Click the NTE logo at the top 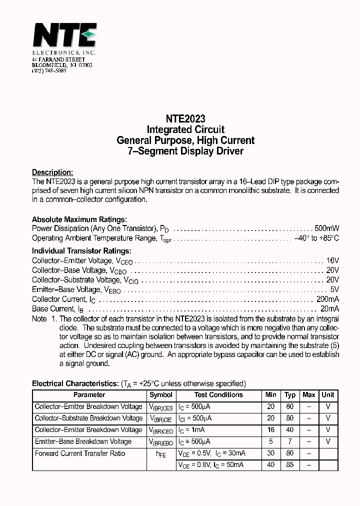click(x=64, y=36)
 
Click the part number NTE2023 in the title click(x=185, y=119)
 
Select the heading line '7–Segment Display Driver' click(x=185, y=151)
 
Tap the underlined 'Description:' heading click(x=52, y=172)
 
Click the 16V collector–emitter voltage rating click(x=332, y=260)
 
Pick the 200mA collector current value click(x=327, y=299)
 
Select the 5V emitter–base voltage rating click(x=334, y=289)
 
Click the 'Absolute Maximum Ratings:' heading click(x=79, y=219)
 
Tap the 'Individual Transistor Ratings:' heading click(x=81, y=251)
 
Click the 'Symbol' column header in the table click(x=161, y=395)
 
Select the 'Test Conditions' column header click(x=218, y=395)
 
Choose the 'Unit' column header click(x=328, y=395)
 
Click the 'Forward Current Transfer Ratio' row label click(x=80, y=453)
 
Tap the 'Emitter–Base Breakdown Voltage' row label click(x=83, y=441)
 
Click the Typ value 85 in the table click(x=290, y=465)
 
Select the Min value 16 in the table click(x=271, y=430)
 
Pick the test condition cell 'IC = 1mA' click(x=193, y=430)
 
